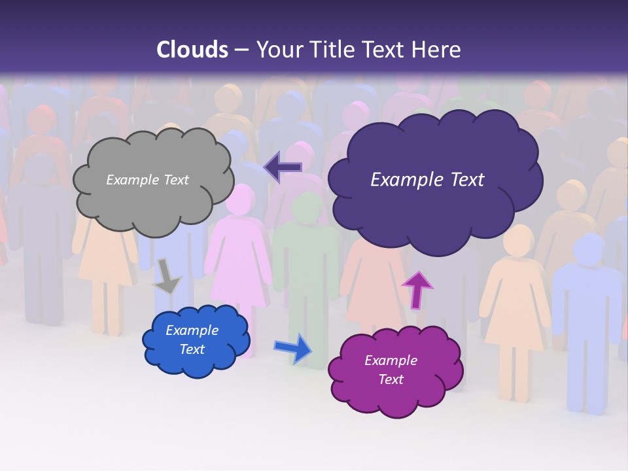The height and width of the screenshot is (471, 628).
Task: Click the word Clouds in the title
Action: tap(192, 50)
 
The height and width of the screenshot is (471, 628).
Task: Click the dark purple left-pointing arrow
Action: tap(283, 167)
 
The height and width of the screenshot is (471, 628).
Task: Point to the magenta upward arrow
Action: tap(417, 288)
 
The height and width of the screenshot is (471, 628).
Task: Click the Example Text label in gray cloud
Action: tap(147, 180)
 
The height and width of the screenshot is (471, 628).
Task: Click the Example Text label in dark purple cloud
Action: tap(427, 180)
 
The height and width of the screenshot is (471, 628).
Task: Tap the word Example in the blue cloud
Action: tap(192, 330)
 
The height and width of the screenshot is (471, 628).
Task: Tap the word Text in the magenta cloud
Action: tap(391, 379)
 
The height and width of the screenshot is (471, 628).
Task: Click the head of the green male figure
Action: tap(307, 208)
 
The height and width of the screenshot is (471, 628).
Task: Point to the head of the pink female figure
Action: tap(239, 199)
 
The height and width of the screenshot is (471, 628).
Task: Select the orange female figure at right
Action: tap(517, 301)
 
